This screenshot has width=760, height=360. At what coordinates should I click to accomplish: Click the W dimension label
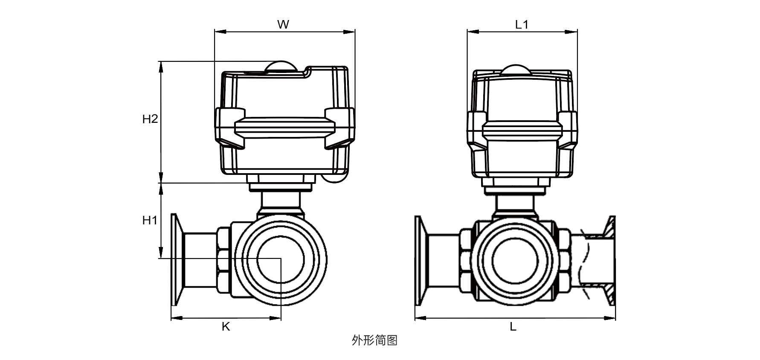283,25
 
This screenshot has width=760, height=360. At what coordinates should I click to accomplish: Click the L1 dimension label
522,25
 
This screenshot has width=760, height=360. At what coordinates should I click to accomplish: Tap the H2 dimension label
150,119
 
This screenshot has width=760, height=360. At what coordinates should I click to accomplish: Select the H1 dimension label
150,221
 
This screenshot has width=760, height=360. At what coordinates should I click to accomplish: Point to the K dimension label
226,327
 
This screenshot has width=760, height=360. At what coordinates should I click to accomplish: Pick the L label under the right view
513,327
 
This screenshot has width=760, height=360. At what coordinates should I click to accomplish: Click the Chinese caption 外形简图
374,340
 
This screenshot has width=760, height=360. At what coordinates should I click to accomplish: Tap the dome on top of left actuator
280,67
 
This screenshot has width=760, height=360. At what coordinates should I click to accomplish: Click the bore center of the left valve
281,258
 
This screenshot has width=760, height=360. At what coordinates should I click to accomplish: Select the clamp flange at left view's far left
174,260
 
